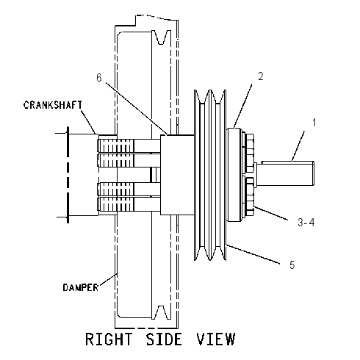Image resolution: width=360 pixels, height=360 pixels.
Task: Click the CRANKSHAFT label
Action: (53, 105)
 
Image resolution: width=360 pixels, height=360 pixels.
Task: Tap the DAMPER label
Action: (81, 287)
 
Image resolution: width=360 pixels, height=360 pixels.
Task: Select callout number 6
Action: (99, 78)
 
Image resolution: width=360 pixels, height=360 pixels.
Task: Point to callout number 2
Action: (261, 76)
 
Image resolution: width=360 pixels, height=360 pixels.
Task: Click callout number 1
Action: (314, 123)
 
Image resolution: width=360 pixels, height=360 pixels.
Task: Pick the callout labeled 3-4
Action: (306, 223)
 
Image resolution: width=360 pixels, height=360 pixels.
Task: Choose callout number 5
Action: (292, 264)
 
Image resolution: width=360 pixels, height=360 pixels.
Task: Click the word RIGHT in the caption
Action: (109, 339)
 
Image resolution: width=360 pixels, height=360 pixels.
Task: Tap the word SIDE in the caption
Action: (164, 339)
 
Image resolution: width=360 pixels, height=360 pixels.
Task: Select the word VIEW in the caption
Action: (216, 339)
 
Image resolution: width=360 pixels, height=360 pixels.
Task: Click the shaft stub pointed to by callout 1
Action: (285, 173)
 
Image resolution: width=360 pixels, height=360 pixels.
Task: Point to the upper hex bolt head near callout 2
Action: (250, 153)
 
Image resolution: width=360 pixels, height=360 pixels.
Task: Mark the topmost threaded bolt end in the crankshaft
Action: (115, 146)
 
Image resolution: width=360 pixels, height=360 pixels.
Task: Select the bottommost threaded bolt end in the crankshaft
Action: (115, 204)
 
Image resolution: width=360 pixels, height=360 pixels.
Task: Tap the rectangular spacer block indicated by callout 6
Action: (177, 175)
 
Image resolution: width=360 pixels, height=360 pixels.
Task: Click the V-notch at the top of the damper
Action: (161, 37)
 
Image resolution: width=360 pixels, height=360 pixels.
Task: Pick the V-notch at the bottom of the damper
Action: (161, 312)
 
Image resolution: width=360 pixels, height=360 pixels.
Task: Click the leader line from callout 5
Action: (253, 254)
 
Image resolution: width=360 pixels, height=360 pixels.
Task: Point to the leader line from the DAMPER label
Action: (107, 280)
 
